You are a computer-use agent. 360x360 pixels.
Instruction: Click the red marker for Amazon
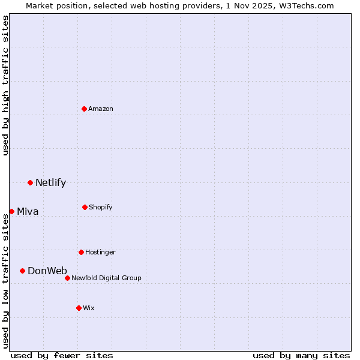pos(85,109)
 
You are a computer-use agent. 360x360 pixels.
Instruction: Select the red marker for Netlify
pos(30,182)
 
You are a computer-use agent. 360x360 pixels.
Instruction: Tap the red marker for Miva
pos(11,211)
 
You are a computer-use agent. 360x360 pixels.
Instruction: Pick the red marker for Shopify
pos(85,207)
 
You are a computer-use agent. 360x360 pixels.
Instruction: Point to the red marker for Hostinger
pos(81,252)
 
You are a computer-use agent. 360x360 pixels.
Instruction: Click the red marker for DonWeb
pos(22,271)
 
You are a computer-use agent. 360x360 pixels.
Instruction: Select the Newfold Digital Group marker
pos(67,278)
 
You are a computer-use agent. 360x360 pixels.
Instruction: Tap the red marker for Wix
pos(79,308)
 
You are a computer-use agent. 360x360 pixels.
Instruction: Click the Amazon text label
pos(101,109)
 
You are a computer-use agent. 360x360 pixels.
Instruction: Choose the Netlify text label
pos(50,182)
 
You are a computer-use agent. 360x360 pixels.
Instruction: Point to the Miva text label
pos(28,211)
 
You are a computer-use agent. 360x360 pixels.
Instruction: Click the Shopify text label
pos(101,207)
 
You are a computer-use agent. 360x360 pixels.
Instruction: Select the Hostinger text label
pos(100,252)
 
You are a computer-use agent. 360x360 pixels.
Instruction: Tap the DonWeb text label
pos(47,271)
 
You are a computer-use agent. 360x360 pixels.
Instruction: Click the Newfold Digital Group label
pos(106,278)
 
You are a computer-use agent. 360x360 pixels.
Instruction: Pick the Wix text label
pos(89,308)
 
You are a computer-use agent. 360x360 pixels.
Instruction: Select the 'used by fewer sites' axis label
pos(62,355)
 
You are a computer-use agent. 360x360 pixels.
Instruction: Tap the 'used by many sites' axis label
pos(301,355)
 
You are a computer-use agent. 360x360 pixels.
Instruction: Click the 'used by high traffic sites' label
pos(5,85)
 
